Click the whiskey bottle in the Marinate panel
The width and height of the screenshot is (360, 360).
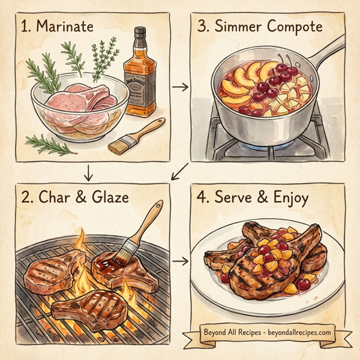[x=140, y=78]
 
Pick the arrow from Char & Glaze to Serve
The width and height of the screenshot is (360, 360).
[x=179, y=262]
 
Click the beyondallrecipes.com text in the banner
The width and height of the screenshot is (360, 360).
[x=296, y=332]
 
